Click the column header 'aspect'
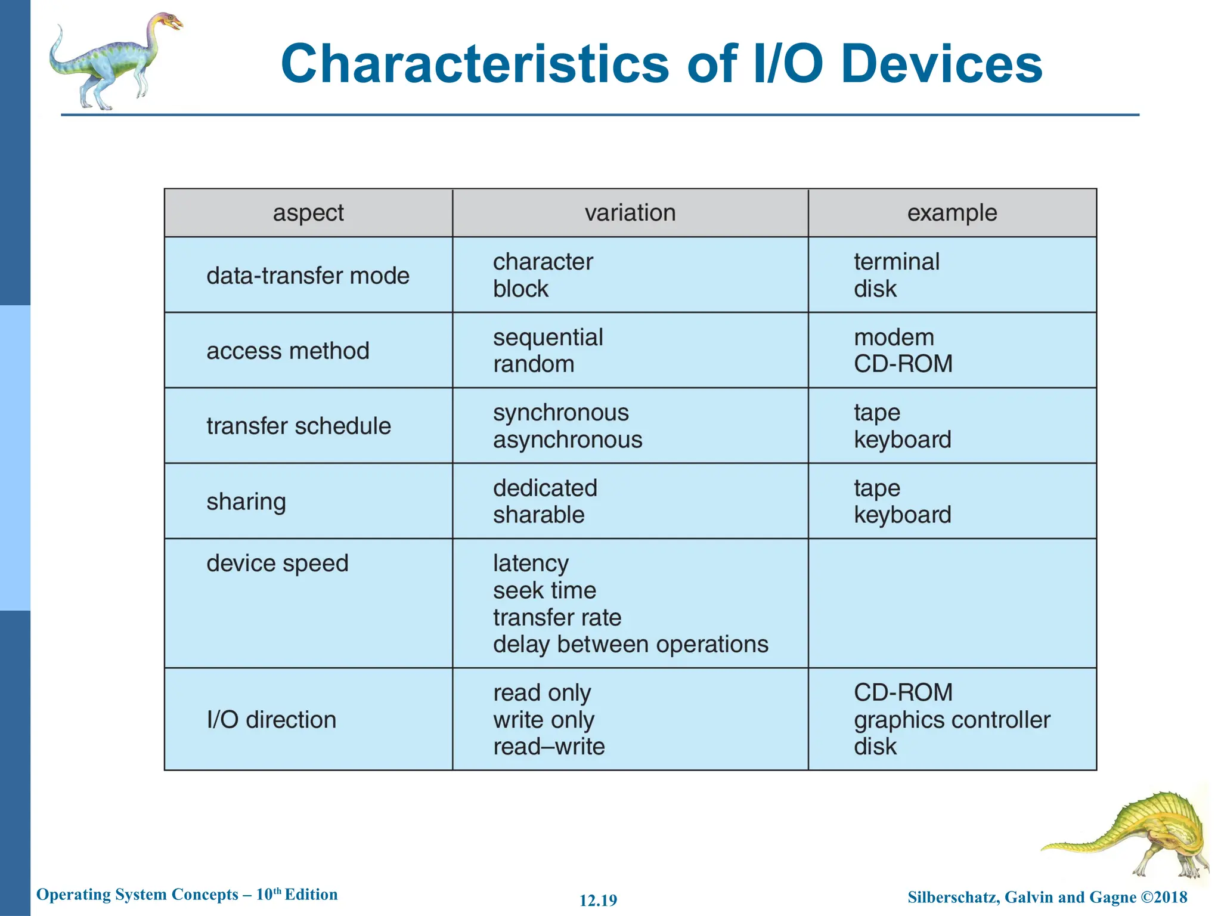tap(308, 213)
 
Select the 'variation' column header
tap(630, 213)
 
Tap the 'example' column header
tap(952, 213)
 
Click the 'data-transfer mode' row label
tap(308, 276)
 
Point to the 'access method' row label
tap(288, 351)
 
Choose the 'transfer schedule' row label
tap(299, 426)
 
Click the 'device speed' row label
tap(277, 564)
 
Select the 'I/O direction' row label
tap(271, 720)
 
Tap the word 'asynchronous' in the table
tap(568, 440)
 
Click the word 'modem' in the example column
tap(894, 338)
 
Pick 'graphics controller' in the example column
tap(952, 720)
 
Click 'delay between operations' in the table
tap(630, 645)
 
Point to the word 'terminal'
tap(896, 262)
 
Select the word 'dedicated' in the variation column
tap(545, 488)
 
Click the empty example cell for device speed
tap(952, 603)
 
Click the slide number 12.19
tap(598, 900)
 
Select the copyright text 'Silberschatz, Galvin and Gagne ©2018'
tap(1047, 898)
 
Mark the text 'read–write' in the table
tap(548, 747)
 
